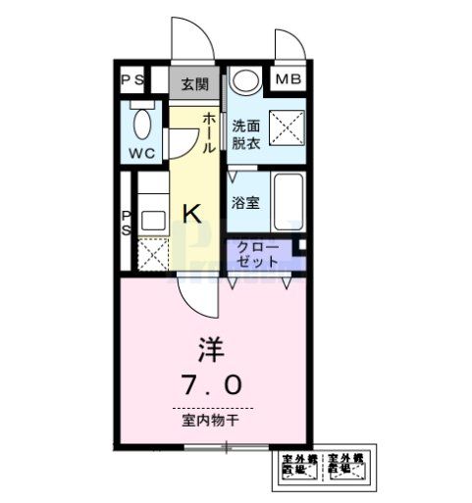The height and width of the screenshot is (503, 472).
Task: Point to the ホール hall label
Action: click(x=209, y=133)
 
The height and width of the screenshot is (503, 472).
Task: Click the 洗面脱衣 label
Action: click(x=244, y=133)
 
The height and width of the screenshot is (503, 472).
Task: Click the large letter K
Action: click(x=193, y=213)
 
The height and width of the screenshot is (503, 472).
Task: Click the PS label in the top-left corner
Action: click(x=131, y=81)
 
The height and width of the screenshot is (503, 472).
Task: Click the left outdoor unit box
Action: click(x=298, y=468)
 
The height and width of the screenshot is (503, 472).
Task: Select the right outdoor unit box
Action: click(x=344, y=468)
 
